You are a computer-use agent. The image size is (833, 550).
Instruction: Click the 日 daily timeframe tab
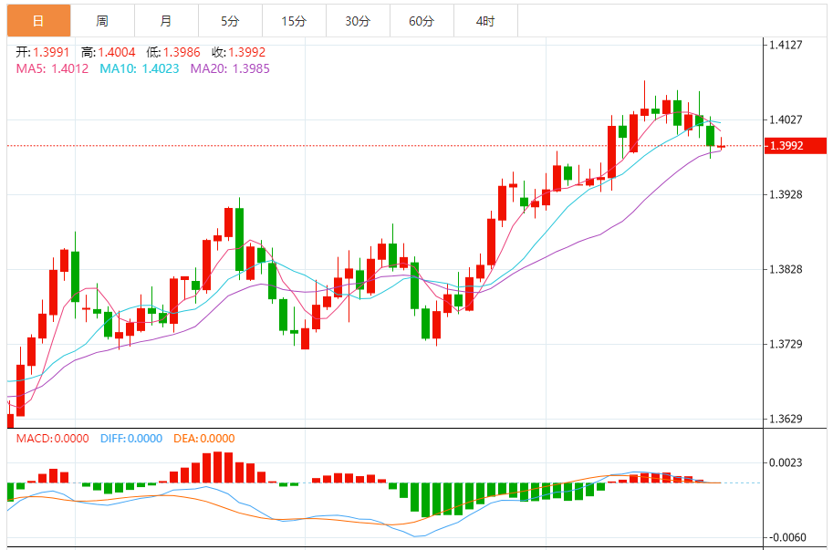(x=38, y=21)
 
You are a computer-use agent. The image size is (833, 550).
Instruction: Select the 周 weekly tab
(x=102, y=21)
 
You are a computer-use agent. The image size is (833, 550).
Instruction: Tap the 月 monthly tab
(x=165, y=21)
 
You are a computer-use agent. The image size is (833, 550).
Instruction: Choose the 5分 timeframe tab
(x=230, y=21)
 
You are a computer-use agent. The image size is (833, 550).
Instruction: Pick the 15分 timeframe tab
(x=294, y=21)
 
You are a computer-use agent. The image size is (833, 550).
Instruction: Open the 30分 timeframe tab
(x=358, y=21)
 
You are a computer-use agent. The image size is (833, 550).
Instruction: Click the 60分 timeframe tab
(x=422, y=21)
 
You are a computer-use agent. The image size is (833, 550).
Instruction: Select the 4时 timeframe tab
(x=485, y=21)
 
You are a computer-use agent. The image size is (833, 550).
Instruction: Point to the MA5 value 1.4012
(x=69, y=68)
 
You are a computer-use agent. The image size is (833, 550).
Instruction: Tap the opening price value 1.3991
(x=52, y=52)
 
